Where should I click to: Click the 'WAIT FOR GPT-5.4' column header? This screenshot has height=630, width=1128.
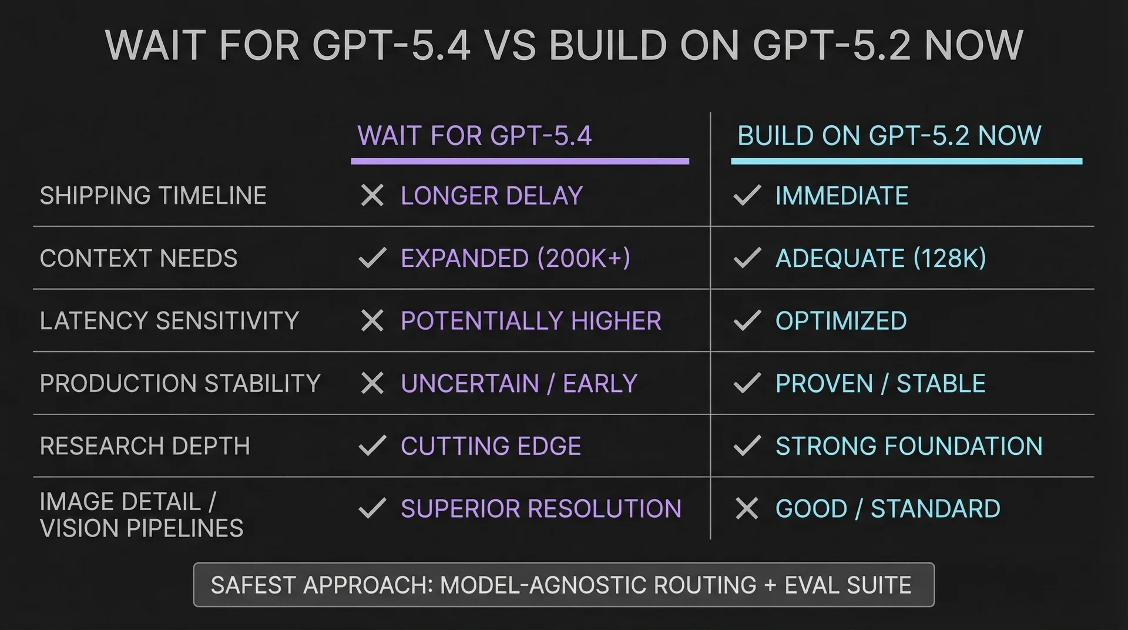474,136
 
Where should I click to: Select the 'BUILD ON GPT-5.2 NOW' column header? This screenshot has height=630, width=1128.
889,136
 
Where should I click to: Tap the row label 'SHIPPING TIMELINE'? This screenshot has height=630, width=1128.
153,196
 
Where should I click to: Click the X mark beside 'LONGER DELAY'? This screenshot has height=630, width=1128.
372,196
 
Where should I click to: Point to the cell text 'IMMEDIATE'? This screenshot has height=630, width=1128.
841,196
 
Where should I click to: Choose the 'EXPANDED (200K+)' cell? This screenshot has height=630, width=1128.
515,259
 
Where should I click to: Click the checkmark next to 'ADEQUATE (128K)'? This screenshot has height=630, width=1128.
747,258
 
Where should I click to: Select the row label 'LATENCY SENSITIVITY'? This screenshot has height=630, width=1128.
169,321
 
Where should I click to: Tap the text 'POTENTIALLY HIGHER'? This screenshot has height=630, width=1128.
531,321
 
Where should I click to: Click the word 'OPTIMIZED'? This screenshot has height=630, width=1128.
841,321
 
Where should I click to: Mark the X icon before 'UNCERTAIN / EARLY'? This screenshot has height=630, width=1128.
372,383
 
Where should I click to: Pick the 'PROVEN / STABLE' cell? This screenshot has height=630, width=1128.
880,383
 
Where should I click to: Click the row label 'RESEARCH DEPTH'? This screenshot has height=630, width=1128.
145,446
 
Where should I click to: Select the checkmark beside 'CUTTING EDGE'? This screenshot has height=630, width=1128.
372,445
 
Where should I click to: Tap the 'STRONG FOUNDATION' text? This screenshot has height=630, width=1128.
908,446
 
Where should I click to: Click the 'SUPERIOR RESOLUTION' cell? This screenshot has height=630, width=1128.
540,508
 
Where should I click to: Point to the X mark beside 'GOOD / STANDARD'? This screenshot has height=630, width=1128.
747,508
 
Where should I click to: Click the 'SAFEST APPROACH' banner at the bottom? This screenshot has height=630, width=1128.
563,585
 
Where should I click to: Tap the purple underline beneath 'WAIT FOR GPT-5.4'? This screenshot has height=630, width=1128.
519,161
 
